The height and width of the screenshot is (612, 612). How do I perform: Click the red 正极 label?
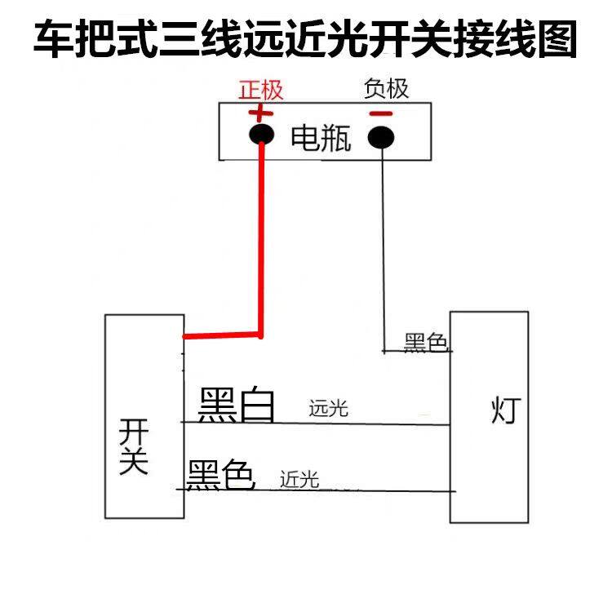(260, 90)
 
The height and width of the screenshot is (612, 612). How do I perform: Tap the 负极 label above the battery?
(385, 89)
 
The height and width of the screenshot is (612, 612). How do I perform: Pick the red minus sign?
(380, 113)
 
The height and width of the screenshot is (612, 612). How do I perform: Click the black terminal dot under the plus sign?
(261, 135)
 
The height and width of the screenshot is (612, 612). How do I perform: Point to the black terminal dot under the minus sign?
(380, 137)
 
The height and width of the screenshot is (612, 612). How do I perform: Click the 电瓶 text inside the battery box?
(321, 139)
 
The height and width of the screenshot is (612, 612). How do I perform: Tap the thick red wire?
(261, 245)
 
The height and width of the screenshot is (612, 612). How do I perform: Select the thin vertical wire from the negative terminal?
(383, 245)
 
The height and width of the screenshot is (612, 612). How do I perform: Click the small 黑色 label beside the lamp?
(426, 343)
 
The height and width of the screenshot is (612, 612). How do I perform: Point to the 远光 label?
(329, 408)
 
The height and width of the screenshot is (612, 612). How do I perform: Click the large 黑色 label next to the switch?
(221, 475)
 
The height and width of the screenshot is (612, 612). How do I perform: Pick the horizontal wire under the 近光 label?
(367, 491)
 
